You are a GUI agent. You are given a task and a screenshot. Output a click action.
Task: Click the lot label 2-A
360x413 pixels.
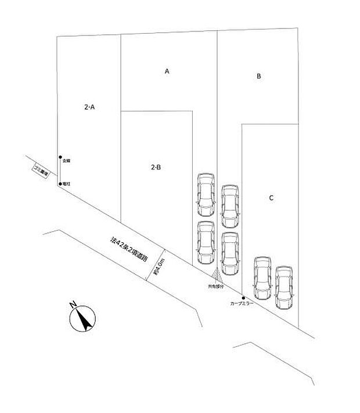pyautogui.click(x=89, y=107)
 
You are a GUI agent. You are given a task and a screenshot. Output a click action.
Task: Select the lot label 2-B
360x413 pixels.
pyautogui.click(x=156, y=167)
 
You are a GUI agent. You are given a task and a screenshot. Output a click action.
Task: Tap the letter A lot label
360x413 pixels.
pyautogui.click(x=167, y=71)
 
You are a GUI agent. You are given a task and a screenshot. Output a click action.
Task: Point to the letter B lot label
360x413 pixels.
pyautogui.click(x=259, y=76)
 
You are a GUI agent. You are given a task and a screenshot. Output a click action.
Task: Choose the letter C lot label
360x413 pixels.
pyautogui.click(x=271, y=198)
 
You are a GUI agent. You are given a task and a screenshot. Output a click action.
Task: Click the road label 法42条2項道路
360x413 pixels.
pyautogui.click(x=129, y=247)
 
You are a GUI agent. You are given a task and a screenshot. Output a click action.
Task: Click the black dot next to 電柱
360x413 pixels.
pyautogui.click(x=60, y=184)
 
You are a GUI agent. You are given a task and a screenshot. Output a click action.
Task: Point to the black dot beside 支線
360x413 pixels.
pyautogui.click(x=60, y=157)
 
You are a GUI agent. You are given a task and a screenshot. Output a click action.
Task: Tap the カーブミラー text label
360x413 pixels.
pyautogui.click(x=241, y=304)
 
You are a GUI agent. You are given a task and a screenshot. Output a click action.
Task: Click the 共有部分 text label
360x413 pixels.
pyautogui.click(x=215, y=286)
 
